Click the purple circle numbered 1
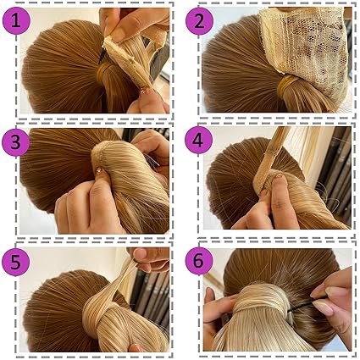point(16,20)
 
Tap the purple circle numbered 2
point(199,21)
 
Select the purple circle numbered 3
point(15,142)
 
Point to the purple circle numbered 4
point(198,141)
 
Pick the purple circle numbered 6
point(198,261)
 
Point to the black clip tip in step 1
point(101,57)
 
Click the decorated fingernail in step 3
point(99,170)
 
